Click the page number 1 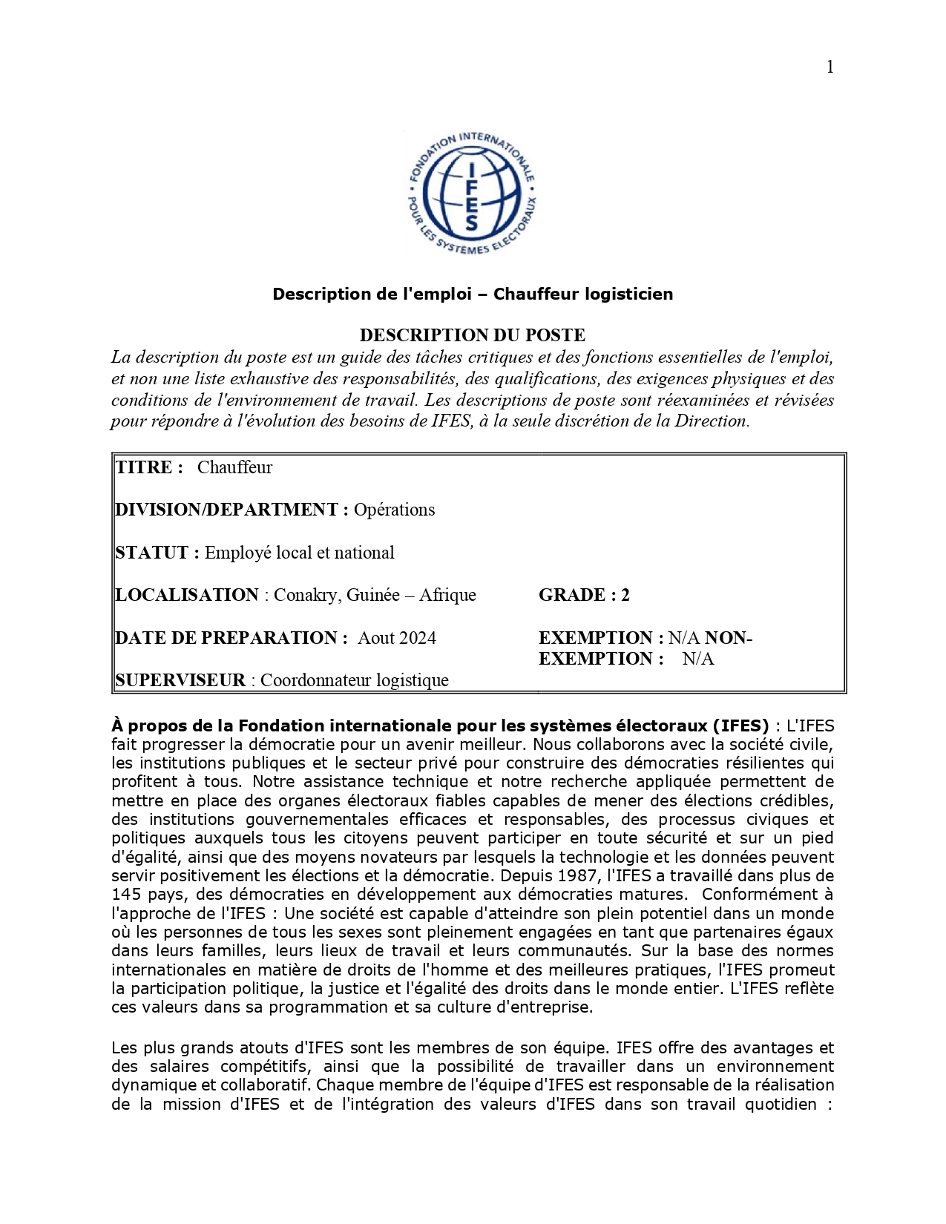[x=830, y=68]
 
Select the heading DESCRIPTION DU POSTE [x=473, y=335]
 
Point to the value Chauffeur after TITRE [x=234, y=467]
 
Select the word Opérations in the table [x=394, y=510]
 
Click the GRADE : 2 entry [x=584, y=595]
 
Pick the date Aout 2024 [x=397, y=638]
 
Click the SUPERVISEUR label [x=180, y=680]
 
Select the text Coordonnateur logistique [x=355, y=680]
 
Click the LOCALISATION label [x=187, y=595]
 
